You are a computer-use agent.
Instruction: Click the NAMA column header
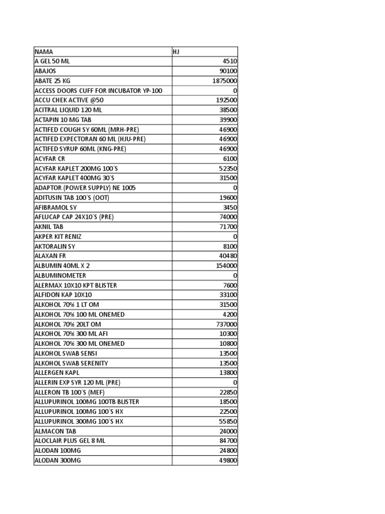click(44, 52)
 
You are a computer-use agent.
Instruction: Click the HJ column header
click(176, 52)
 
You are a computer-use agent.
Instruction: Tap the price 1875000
click(225, 81)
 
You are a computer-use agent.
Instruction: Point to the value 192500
click(227, 100)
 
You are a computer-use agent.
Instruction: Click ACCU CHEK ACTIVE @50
click(69, 100)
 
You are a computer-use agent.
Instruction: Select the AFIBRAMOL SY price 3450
click(230, 207)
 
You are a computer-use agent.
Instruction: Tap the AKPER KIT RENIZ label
click(58, 236)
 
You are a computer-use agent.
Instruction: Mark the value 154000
click(227, 266)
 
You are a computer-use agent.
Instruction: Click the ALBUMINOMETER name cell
click(60, 276)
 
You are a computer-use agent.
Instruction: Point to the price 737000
click(227, 324)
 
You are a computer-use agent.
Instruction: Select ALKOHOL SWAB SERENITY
click(71, 363)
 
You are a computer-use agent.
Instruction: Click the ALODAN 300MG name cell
click(56, 460)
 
